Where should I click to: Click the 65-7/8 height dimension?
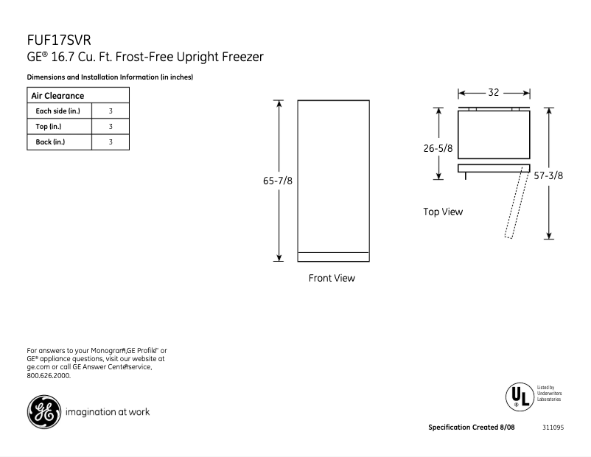pos(279,181)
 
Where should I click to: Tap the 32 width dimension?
pos(494,93)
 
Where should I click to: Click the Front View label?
pos(332,279)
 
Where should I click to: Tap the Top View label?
pos(443,212)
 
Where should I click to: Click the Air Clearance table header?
pos(57,96)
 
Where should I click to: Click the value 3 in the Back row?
pos(110,142)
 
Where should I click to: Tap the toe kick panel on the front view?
pos(333,257)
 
